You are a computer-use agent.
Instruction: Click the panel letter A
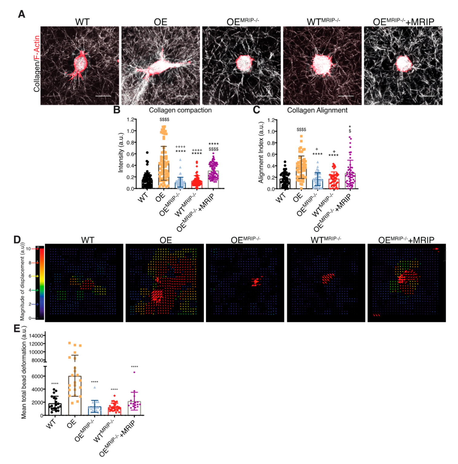[21, 14]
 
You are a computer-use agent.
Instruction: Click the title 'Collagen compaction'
[180, 110]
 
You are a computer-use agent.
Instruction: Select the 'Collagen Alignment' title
[317, 110]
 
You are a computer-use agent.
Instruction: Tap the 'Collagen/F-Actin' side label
[37, 64]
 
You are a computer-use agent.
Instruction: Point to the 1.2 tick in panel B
[130, 120]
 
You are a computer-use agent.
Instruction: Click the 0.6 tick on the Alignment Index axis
[271, 154]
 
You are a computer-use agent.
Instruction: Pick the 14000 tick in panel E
[36, 336]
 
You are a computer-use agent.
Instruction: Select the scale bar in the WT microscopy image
[103, 96]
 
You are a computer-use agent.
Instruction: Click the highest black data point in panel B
[147, 153]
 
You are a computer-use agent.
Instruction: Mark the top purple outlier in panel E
[134, 372]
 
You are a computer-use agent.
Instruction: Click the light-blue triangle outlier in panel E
[95, 387]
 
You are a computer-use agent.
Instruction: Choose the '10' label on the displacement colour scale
[28, 249]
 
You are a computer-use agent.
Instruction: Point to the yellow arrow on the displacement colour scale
[37, 276]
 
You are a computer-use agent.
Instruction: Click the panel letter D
[17, 240]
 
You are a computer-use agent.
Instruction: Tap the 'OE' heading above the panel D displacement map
[165, 240]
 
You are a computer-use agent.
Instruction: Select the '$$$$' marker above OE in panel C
[301, 130]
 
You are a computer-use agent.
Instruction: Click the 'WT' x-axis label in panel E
[51, 423]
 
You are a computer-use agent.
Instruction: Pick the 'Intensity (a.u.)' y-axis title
[121, 153]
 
